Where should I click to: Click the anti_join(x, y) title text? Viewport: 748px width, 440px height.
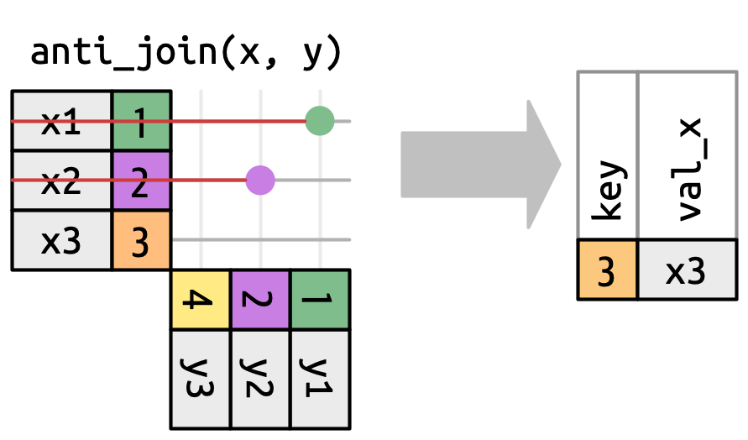click(186, 52)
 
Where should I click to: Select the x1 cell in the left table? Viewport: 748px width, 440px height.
click(61, 122)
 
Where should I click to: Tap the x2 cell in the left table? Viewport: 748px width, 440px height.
click(61, 181)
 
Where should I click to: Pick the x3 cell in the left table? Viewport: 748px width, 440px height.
click(61, 241)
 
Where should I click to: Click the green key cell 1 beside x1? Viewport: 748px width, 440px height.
click(142, 122)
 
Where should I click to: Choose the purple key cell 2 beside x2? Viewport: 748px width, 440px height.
click(142, 181)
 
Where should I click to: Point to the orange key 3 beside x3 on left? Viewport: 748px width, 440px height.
click(142, 241)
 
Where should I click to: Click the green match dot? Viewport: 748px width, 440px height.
click(320, 121)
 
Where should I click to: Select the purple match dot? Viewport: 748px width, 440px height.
click(260, 181)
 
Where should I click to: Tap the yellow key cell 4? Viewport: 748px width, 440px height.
click(200, 300)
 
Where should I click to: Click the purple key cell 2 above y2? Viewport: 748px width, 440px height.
click(260, 300)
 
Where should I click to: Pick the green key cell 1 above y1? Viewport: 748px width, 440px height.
click(320, 300)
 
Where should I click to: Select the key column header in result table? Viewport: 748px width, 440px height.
click(608, 155)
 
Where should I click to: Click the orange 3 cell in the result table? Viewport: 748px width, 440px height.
click(608, 270)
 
